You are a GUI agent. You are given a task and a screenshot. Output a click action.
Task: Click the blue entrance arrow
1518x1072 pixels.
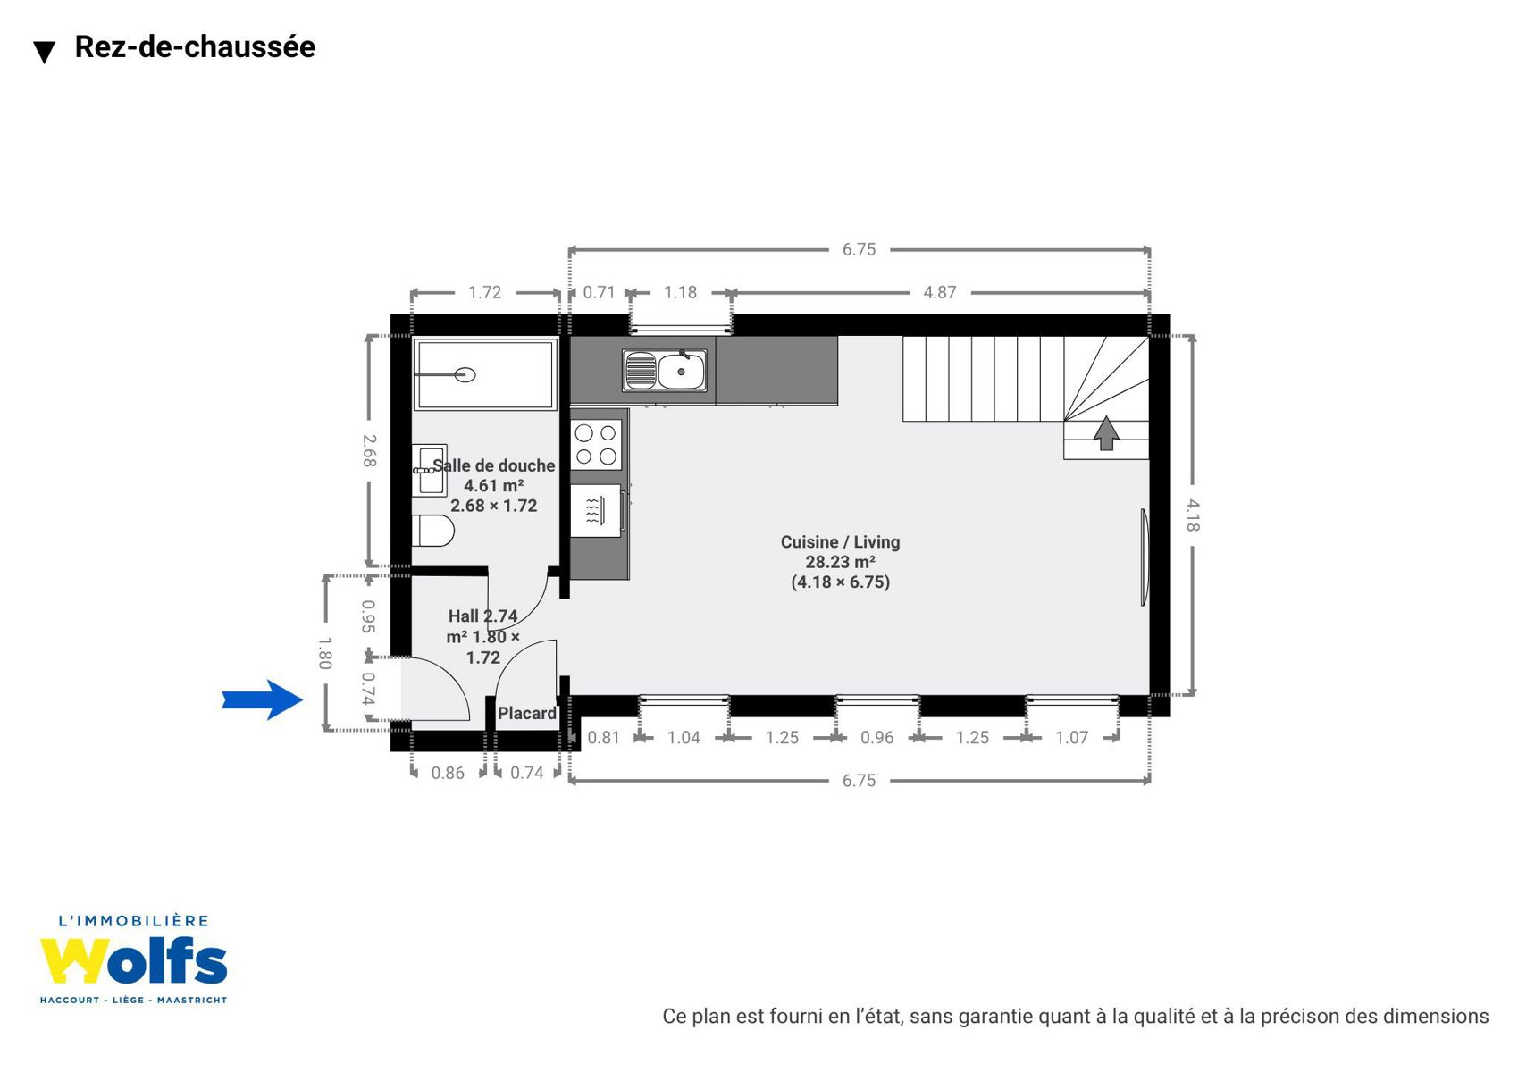click(x=263, y=699)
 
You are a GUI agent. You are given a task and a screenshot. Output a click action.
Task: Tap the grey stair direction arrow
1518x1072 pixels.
click(x=1106, y=433)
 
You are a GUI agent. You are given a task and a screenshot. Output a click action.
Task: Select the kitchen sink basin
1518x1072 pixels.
click(x=681, y=371)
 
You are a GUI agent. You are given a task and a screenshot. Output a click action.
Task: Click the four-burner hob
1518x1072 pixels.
click(x=596, y=445)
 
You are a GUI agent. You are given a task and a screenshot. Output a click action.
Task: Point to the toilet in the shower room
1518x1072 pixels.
click(x=433, y=531)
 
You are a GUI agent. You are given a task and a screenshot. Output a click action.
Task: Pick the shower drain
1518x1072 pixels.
click(x=465, y=374)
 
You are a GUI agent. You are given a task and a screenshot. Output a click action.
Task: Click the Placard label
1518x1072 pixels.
click(x=526, y=713)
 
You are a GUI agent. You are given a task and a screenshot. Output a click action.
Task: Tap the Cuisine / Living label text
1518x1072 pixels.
click(x=841, y=542)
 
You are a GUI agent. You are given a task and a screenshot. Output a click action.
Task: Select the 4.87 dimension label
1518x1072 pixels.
click(x=940, y=292)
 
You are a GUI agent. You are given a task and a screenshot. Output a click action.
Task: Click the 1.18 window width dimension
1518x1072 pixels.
click(x=681, y=292)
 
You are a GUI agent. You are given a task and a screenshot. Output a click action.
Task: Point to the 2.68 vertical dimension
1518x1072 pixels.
click(x=369, y=450)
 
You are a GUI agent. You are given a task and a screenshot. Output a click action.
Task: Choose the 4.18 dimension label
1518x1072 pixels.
click(x=1193, y=515)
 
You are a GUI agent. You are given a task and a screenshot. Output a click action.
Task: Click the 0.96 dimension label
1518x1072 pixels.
click(x=876, y=737)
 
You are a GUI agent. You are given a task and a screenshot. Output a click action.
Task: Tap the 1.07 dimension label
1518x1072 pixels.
click(x=1071, y=737)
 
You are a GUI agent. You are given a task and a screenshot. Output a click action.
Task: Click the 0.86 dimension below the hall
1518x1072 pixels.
click(x=448, y=773)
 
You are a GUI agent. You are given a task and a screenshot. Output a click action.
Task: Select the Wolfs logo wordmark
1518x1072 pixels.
click(x=133, y=961)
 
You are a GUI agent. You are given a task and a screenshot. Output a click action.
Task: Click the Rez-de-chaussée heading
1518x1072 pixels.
click(x=195, y=46)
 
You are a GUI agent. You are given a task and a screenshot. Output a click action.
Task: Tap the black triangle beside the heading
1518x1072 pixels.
click(x=45, y=52)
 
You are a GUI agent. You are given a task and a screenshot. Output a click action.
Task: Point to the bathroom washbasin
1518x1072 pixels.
click(x=429, y=470)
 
